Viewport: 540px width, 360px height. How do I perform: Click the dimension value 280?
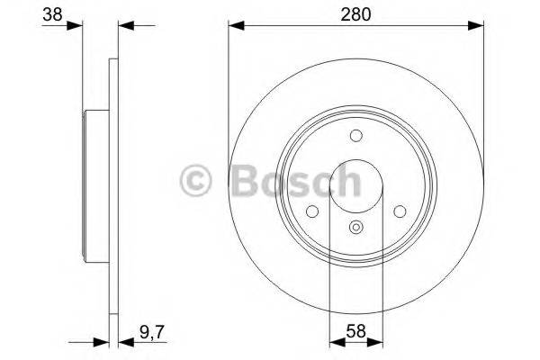[356, 14]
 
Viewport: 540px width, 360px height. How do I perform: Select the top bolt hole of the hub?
[356, 136]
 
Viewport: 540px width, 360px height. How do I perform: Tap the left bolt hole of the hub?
[312, 211]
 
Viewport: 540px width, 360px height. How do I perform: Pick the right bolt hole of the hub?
[400, 211]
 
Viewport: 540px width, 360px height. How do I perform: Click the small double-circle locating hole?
[356, 228]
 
